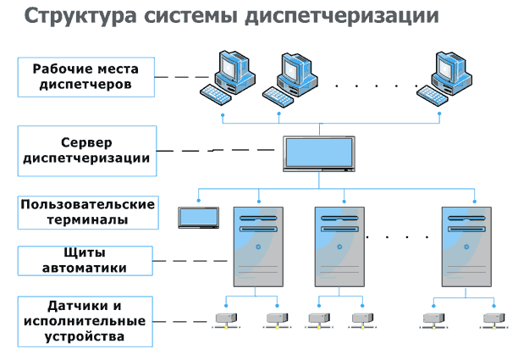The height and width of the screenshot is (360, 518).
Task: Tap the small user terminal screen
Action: point(198,217)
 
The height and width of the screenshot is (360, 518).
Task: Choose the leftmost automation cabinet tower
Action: point(257,250)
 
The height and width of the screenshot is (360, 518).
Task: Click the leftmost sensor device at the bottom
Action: point(225,319)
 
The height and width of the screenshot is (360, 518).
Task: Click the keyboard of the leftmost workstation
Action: point(207,91)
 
